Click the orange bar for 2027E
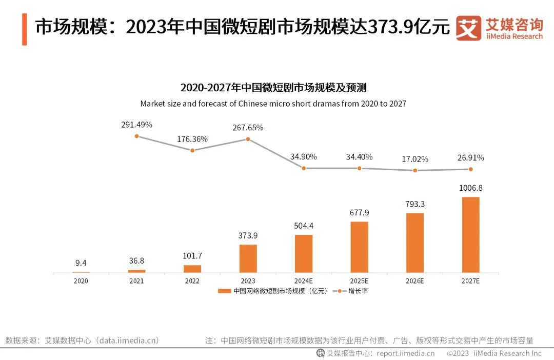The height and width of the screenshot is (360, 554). tap(470, 234)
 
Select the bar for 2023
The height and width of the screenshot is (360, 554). tap(248, 258)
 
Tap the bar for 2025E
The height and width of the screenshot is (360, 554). tap(359, 247)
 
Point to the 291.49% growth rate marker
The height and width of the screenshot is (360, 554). tap(137, 136)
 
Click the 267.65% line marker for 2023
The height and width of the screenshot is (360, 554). tap(248, 139)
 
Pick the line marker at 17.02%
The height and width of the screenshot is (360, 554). tap(415, 170)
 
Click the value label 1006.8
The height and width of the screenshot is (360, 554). tap(470, 188)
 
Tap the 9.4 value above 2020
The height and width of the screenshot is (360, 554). tap(81, 263)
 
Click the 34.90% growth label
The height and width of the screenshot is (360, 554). tap(304, 156)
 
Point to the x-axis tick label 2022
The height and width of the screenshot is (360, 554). tap(192, 281)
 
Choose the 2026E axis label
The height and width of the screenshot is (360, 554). tap(415, 281)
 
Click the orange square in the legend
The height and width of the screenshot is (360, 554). tap(225, 291)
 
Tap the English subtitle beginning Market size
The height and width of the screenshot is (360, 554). tap(273, 104)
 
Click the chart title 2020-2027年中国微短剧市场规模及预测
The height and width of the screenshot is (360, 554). tap(273, 87)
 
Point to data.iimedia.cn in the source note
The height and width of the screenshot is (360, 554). tap(128, 340)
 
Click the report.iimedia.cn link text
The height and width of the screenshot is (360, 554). tap(405, 353)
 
